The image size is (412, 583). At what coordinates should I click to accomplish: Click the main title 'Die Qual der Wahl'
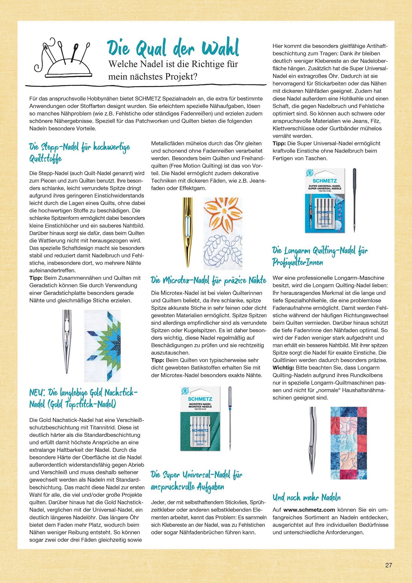point(173,48)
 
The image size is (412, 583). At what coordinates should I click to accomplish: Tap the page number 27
point(388,565)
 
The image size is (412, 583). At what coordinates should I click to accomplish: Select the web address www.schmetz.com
point(309,510)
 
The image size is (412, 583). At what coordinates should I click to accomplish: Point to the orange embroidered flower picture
point(223,216)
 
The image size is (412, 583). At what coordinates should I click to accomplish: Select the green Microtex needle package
point(200,418)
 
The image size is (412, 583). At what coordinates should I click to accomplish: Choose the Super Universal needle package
point(324,201)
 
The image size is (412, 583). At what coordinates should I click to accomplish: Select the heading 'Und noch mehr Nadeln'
point(306,498)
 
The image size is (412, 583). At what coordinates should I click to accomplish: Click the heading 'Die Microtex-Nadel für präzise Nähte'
point(208,280)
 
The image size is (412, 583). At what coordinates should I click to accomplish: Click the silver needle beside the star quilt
point(67,341)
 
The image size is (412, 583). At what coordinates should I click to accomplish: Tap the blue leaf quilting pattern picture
point(223,252)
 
